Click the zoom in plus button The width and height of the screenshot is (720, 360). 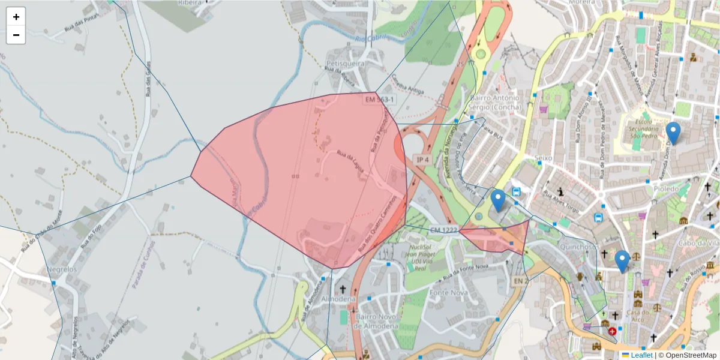click(16, 17)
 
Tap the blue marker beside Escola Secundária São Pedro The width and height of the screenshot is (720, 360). click(673, 133)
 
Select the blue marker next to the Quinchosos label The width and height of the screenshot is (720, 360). click(622, 261)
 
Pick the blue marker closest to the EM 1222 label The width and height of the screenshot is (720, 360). click(497, 200)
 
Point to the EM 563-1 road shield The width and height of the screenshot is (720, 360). click(380, 99)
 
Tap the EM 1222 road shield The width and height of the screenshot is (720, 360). click(444, 230)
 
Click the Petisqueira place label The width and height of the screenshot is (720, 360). click(345, 62)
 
